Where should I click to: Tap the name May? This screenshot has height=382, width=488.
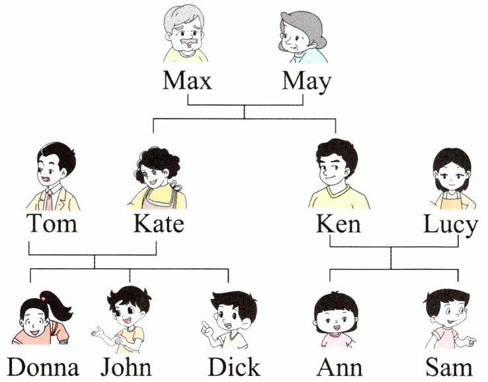[x=306, y=82]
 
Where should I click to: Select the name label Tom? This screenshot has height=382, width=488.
[x=52, y=224]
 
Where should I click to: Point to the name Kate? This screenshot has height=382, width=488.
[x=158, y=224]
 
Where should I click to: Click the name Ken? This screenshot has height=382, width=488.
[x=339, y=224]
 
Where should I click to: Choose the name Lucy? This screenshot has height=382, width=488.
[x=450, y=225]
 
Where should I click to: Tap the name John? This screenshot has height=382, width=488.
[x=126, y=367]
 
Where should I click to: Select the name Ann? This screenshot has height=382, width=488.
[x=339, y=367]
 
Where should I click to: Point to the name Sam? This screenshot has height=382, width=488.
[x=449, y=367]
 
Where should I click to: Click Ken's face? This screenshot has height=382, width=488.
[x=336, y=174]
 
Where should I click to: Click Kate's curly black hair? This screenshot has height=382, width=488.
[x=153, y=160]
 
